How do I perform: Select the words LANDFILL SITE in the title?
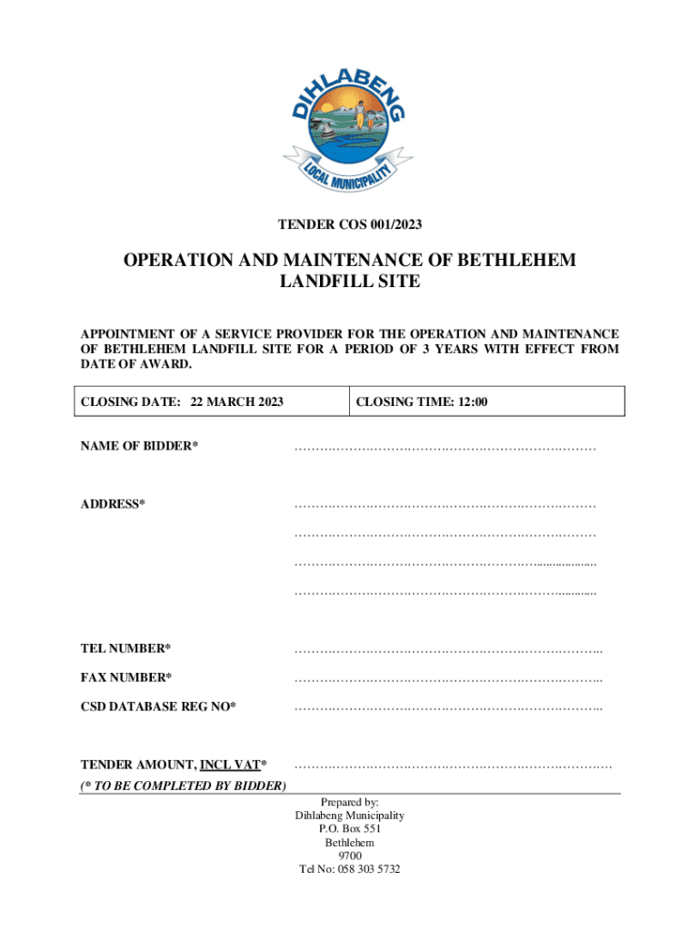349,282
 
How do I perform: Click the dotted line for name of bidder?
445,448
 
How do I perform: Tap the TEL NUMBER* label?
125,648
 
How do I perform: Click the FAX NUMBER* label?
126,678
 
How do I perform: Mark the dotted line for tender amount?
453,768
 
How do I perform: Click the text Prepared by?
350,802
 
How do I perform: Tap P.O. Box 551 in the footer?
350,829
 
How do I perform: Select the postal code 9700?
350,856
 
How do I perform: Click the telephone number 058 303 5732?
368,869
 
